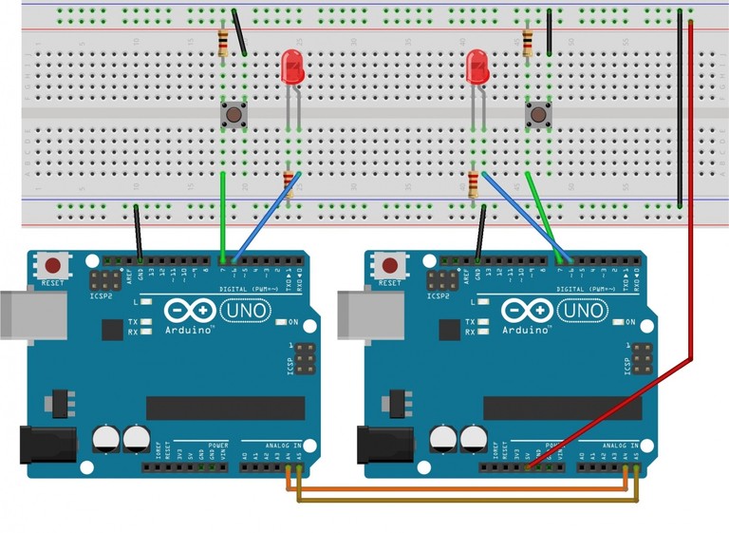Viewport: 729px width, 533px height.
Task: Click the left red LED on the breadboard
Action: (294, 67)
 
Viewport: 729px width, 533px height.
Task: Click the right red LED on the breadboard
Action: (477, 67)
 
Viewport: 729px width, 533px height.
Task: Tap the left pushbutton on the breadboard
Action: (233, 116)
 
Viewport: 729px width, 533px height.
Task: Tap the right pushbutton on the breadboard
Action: (538, 116)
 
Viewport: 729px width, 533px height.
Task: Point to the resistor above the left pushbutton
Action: (223, 42)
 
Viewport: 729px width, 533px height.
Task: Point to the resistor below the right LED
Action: (473, 182)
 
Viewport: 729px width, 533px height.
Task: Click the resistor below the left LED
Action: (289, 180)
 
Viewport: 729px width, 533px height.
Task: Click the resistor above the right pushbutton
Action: (528, 40)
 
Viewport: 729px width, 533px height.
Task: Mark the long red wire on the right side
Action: (692, 190)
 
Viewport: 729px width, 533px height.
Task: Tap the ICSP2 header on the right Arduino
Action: (439, 282)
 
